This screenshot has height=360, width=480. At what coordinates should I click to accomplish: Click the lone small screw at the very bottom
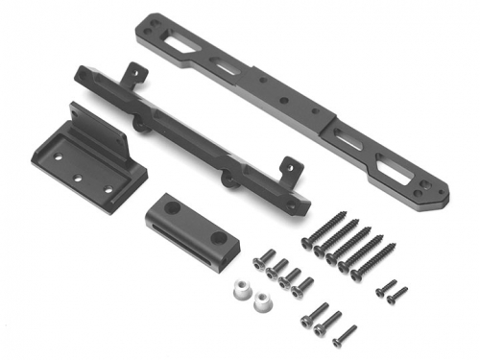(344, 336)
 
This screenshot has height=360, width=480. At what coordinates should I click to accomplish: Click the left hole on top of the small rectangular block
(171, 207)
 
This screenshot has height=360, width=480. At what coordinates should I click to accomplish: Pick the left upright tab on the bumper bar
(136, 73)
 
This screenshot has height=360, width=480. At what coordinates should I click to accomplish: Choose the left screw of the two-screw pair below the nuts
(313, 316)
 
